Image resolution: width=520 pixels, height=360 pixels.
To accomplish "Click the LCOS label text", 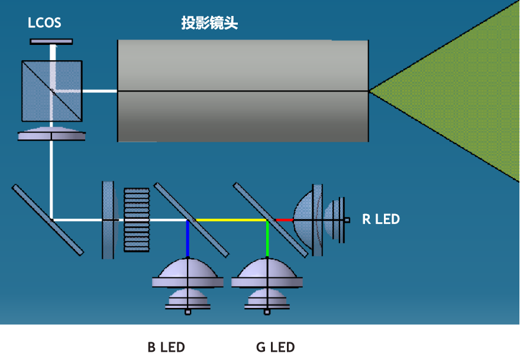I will tap(44, 24).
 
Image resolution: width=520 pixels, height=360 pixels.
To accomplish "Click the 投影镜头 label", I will tap(209, 24).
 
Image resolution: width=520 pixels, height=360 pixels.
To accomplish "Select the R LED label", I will tap(380, 219).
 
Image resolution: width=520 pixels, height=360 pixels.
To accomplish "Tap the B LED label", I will tap(166, 347).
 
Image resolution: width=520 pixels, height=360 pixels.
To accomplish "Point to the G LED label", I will tap(275, 347).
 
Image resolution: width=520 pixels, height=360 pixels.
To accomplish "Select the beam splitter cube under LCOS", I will tap(51, 90).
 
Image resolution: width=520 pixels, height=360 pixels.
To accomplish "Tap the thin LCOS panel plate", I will tap(51, 41).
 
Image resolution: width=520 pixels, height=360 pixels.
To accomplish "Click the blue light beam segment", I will tap(188, 239).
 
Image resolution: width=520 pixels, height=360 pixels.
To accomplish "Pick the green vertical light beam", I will tap(267, 239).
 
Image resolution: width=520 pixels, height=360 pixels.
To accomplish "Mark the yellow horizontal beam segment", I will tap(231, 220).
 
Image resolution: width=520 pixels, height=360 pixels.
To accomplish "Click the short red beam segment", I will tap(285, 220).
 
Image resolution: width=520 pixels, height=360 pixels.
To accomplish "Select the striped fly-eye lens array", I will tap(136, 220).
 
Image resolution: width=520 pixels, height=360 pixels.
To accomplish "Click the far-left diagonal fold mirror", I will tap(47, 220).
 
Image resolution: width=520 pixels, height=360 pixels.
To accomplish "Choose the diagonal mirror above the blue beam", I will tap(190, 219).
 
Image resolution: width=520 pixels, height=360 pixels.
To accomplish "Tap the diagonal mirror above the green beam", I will tap(270, 219).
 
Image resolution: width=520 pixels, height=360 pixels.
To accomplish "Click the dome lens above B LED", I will tap(188, 274).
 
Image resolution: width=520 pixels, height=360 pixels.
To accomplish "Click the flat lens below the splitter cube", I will tap(51, 135).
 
